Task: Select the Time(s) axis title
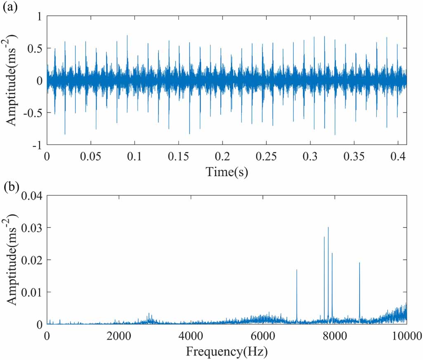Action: pos(227,172)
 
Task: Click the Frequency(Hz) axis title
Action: pos(227,352)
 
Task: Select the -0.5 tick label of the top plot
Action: pos(33,112)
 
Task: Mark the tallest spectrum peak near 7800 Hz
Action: pos(328,228)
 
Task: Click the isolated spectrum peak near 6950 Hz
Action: pos(297,270)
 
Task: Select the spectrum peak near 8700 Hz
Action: pos(359,263)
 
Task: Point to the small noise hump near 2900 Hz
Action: pos(149,317)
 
